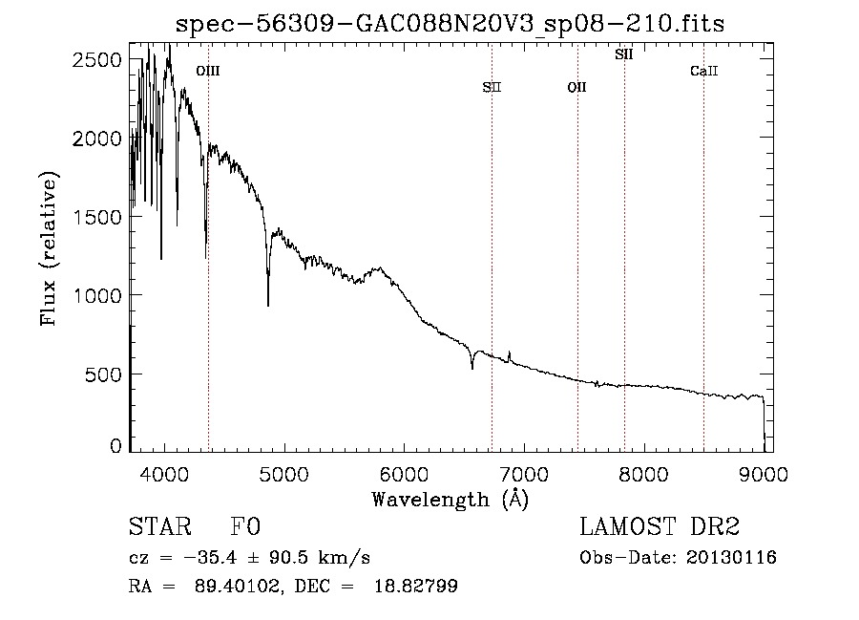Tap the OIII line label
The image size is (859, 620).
tap(207, 71)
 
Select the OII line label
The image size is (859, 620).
tap(576, 88)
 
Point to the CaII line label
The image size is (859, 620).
tap(703, 71)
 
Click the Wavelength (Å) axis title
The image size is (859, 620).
tap(450, 499)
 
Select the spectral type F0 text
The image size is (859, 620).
tap(245, 528)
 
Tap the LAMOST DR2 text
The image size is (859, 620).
tap(660, 528)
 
